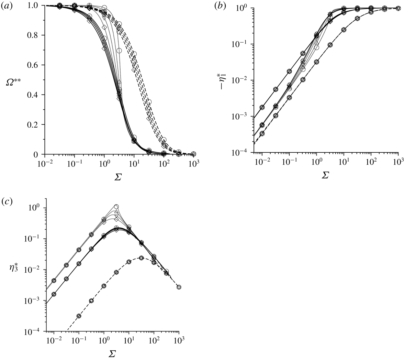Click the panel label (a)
click(x=6, y=5)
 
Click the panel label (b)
click(x=220, y=5)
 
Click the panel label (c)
click(x=6, y=201)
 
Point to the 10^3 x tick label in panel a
click(x=193, y=163)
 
